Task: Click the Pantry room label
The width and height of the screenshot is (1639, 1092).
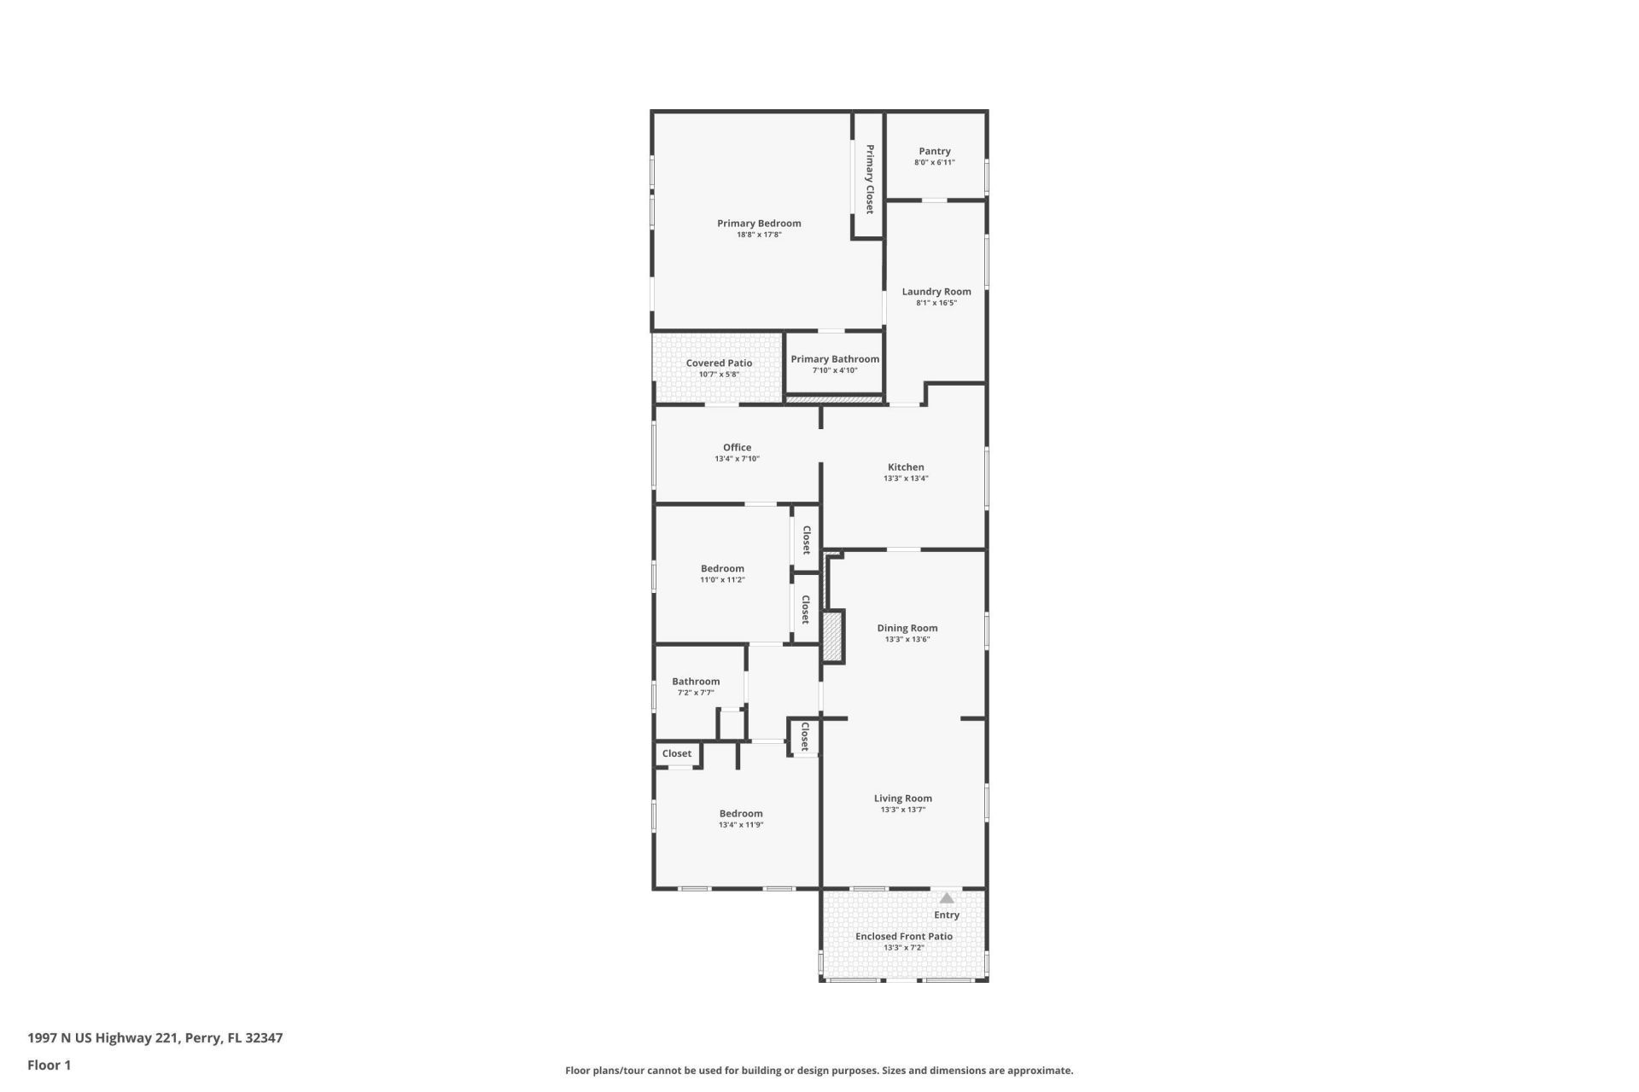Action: click(935, 151)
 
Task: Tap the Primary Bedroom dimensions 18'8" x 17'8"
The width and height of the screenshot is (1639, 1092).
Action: click(759, 235)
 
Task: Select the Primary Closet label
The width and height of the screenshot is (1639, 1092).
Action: click(870, 179)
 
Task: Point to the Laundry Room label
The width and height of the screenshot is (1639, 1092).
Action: click(936, 291)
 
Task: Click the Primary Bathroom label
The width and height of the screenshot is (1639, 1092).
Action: click(835, 359)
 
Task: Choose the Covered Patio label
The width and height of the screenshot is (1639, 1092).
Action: click(719, 363)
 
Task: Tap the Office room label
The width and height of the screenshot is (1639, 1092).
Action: click(738, 447)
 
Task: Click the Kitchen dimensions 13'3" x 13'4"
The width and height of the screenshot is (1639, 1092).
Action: click(906, 479)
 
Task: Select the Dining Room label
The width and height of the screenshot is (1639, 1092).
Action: click(907, 628)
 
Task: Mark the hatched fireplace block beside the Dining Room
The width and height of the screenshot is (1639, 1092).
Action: click(833, 636)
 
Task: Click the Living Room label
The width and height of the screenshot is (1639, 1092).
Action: click(903, 799)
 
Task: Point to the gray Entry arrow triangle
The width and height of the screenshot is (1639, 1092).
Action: click(947, 897)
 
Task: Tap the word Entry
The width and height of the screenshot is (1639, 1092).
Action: click(947, 915)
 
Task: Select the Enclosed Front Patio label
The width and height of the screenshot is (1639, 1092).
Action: click(904, 936)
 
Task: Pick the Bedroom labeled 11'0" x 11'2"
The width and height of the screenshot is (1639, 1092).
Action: click(722, 573)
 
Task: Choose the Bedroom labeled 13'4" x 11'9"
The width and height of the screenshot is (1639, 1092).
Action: click(741, 818)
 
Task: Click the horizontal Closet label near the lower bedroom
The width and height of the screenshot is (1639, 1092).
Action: click(677, 753)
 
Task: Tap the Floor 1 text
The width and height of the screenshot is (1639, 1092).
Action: click(50, 1065)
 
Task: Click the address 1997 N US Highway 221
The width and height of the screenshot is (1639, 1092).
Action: click(102, 1038)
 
